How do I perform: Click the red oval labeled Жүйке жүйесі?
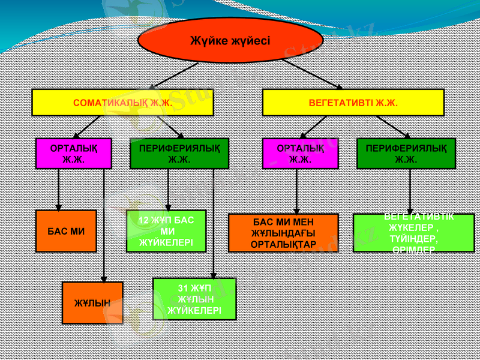click(230, 41)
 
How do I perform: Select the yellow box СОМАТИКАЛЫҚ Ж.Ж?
click(122, 103)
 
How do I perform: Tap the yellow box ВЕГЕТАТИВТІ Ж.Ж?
click(353, 103)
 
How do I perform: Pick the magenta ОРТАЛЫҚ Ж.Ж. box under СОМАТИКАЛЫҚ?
click(74, 154)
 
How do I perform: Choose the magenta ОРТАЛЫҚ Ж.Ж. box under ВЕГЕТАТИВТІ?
click(300, 154)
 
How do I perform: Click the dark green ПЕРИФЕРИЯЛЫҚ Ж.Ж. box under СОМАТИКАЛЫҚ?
click(179, 154)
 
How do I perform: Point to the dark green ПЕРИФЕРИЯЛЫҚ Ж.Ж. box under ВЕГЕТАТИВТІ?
click(406, 154)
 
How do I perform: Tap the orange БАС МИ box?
click(66, 231)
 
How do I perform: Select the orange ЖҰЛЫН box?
click(92, 303)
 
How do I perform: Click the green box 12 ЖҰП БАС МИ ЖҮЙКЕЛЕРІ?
click(166, 231)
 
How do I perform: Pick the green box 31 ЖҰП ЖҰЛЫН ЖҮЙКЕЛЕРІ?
click(194, 299)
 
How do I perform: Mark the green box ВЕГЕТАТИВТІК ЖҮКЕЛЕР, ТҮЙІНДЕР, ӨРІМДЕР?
click(413, 233)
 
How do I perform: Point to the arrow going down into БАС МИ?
click(58, 189)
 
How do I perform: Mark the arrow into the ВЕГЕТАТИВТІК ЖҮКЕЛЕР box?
click(410, 191)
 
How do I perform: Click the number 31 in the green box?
click(184, 288)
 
